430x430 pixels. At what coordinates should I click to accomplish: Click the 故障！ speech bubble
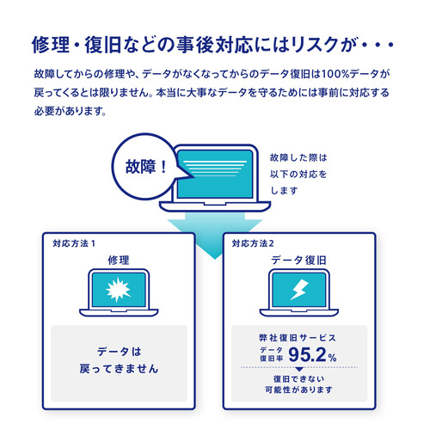[x=144, y=166]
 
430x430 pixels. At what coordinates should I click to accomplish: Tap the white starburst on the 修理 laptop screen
[x=118, y=290]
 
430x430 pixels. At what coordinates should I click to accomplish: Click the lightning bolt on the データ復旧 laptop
[x=299, y=290]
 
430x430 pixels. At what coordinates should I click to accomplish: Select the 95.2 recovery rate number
[x=307, y=354]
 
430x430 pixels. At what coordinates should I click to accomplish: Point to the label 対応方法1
[x=74, y=243]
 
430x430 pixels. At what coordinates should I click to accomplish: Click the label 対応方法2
[x=253, y=243]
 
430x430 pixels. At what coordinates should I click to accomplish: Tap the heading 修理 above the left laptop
[x=119, y=261]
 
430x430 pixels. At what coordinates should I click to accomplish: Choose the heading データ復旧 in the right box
[x=298, y=261]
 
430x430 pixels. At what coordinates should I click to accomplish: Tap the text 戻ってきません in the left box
[x=119, y=369]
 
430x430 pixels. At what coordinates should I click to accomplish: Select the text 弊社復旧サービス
[x=298, y=338]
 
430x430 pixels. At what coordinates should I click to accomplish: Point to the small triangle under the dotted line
[x=299, y=370]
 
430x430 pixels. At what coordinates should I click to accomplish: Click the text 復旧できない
[x=298, y=379]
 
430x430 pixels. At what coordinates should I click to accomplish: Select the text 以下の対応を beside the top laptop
[x=298, y=174]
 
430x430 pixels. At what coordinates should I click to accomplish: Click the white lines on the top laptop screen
[x=215, y=169]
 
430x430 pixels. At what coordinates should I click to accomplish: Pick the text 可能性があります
[x=298, y=390]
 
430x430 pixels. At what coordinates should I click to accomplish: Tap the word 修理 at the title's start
[x=51, y=45]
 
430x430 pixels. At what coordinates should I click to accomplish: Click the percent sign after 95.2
[x=332, y=358]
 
